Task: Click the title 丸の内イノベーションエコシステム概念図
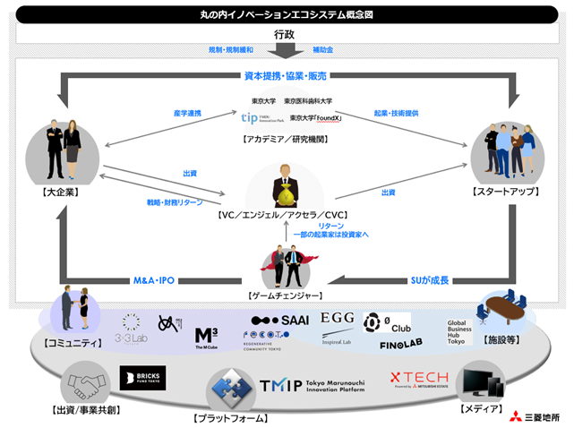pyautogui.click(x=287, y=14)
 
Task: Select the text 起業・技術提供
pyautogui.click(x=396, y=114)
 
